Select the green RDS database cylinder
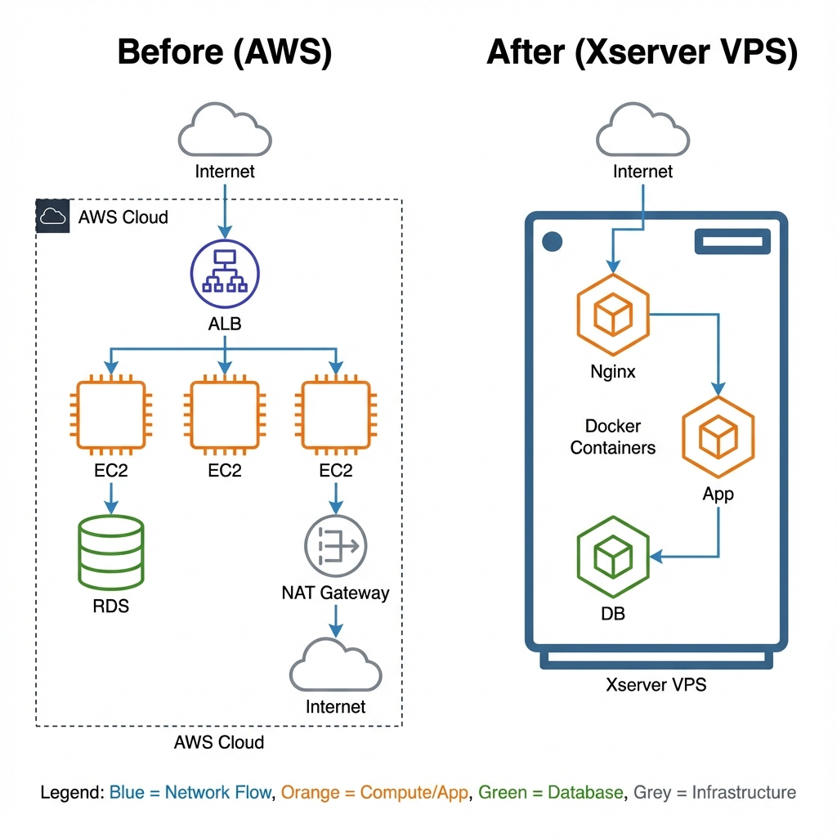pos(110,552)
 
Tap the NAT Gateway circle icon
pos(335,546)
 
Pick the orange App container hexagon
pos(718,436)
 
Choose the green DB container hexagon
pos(613,558)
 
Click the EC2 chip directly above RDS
pos(110,414)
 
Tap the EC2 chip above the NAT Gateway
pos(335,414)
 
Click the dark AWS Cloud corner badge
pos(53,217)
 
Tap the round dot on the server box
pos(553,241)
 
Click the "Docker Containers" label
pos(613,437)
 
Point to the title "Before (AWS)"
pos(225,52)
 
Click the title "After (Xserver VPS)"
pos(642,52)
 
